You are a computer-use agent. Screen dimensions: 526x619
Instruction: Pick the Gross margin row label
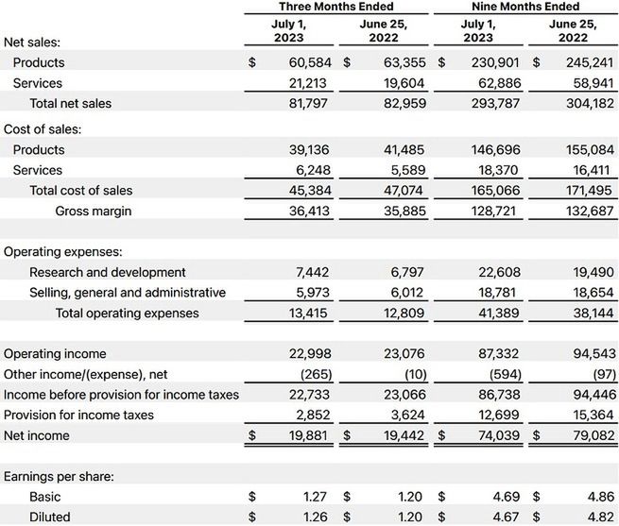pos(93,211)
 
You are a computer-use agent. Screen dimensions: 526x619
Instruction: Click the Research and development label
pos(107,272)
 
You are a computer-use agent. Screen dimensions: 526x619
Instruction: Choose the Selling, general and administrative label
pos(128,293)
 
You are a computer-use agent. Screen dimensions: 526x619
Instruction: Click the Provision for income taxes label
pos(78,416)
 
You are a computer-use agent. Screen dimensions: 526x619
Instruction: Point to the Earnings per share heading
pos(59,477)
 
